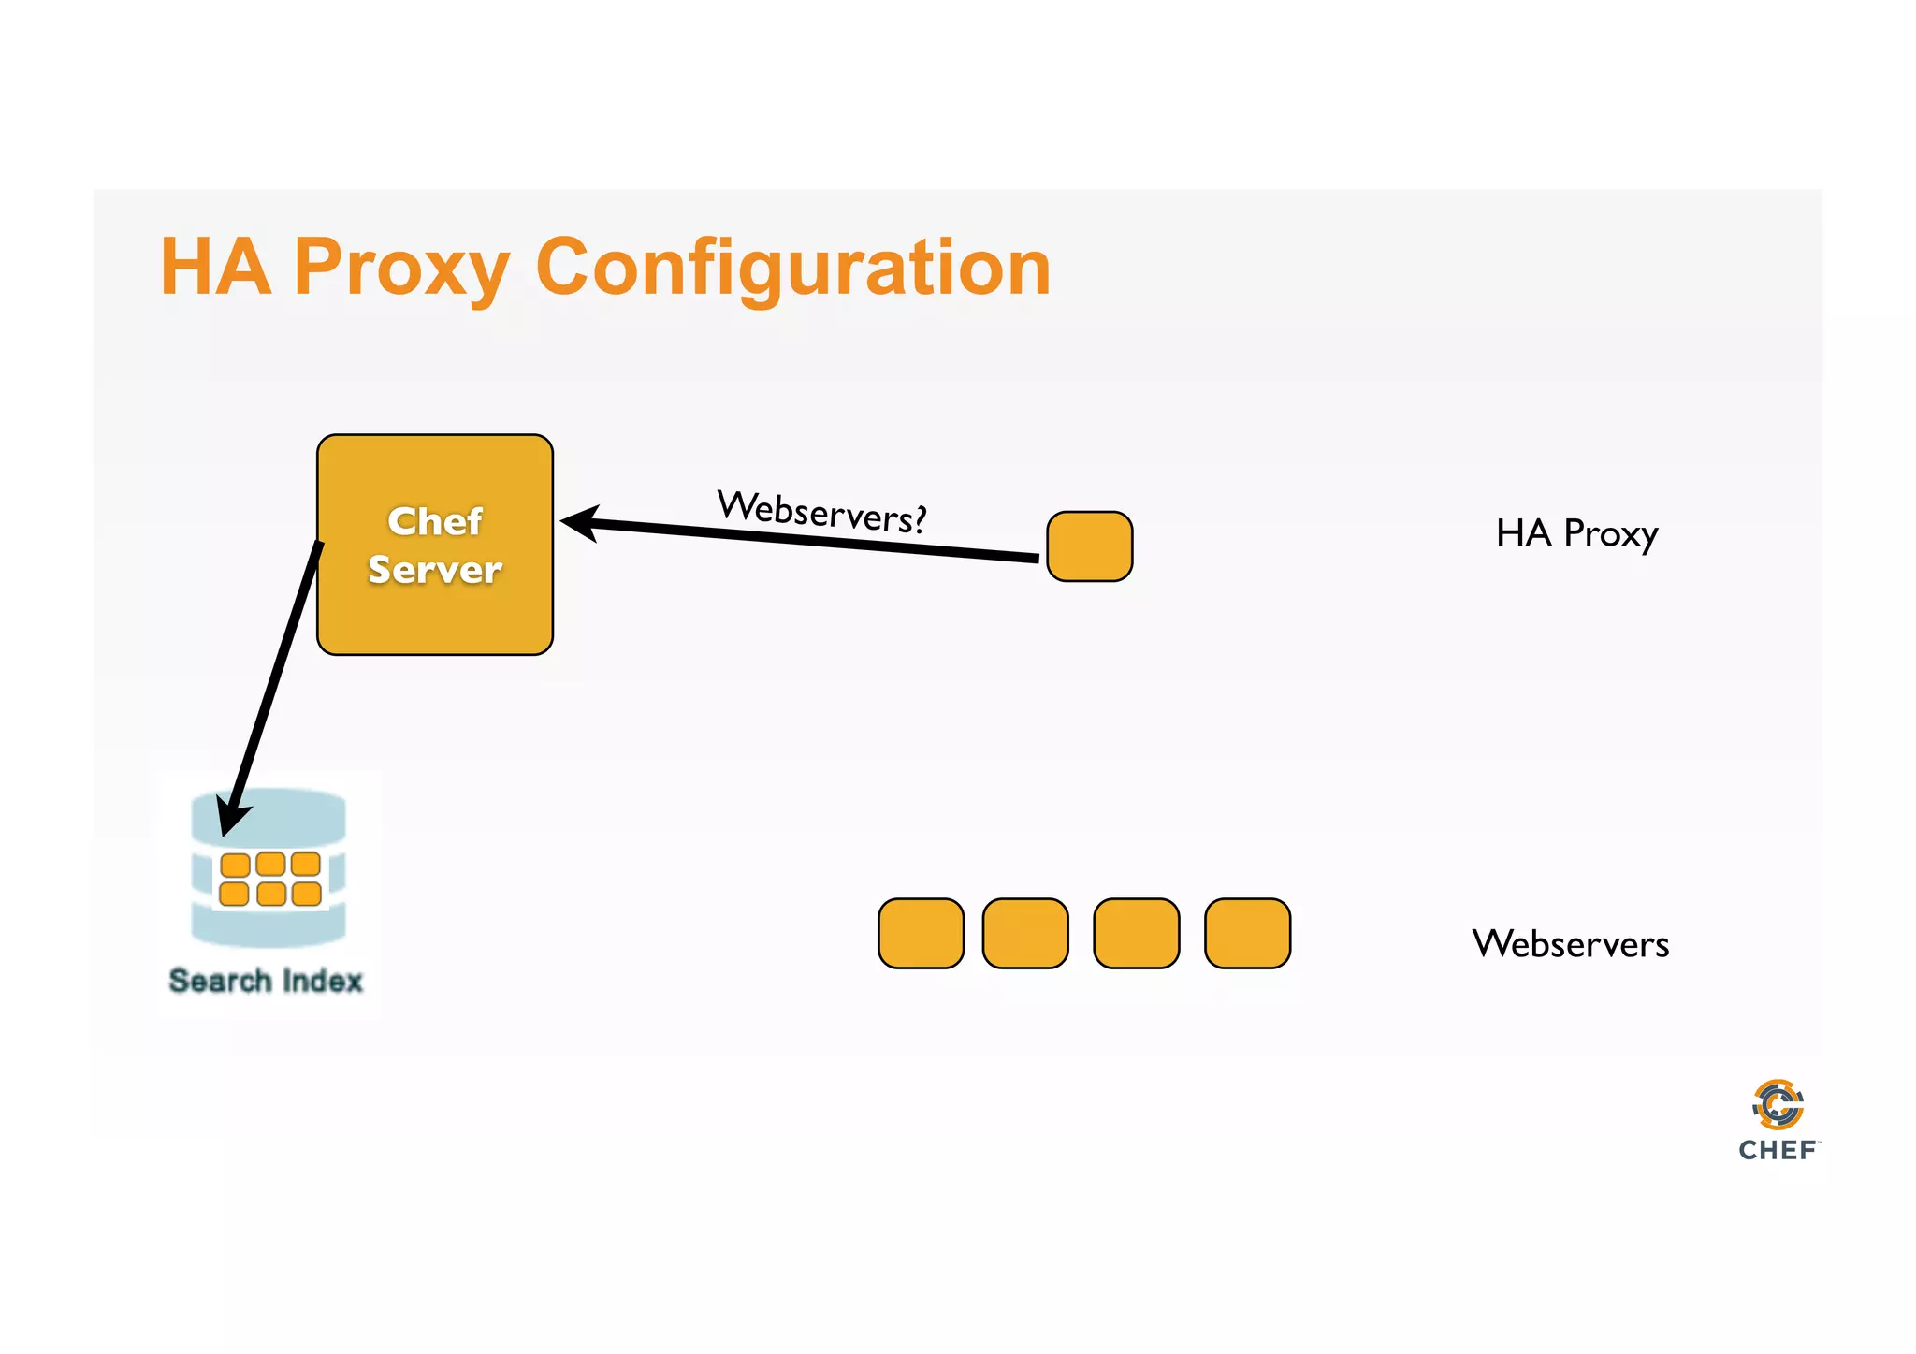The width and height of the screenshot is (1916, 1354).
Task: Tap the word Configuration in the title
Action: [x=793, y=269]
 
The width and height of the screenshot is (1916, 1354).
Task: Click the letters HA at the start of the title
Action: [x=215, y=269]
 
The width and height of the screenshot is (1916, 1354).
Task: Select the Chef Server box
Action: [x=435, y=618]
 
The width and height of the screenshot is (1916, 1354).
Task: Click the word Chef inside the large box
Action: [x=435, y=521]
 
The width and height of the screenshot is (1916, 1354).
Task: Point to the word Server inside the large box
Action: [x=435, y=570]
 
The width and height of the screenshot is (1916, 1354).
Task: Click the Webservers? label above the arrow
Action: [x=821, y=512]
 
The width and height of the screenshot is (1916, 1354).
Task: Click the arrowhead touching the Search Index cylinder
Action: [x=231, y=816]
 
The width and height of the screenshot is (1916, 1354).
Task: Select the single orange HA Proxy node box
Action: [x=1089, y=546]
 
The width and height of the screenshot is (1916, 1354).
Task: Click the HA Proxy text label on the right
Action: [x=1576, y=533]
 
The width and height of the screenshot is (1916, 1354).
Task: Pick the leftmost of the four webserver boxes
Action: [x=921, y=933]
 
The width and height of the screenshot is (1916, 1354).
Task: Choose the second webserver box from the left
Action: [x=1025, y=933]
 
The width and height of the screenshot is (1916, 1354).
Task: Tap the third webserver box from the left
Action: [x=1136, y=933]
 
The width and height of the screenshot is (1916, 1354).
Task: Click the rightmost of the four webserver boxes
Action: [x=1247, y=933]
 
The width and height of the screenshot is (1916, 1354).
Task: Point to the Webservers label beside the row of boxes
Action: [x=1570, y=943]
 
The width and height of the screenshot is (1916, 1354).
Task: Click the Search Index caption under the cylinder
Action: [x=266, y=981]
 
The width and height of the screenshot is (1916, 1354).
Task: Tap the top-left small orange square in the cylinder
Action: [x=235, y=865]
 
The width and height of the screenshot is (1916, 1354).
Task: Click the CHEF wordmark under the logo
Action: [x=1777, y=1150]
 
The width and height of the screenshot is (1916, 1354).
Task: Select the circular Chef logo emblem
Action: [x=1778, y=1105]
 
